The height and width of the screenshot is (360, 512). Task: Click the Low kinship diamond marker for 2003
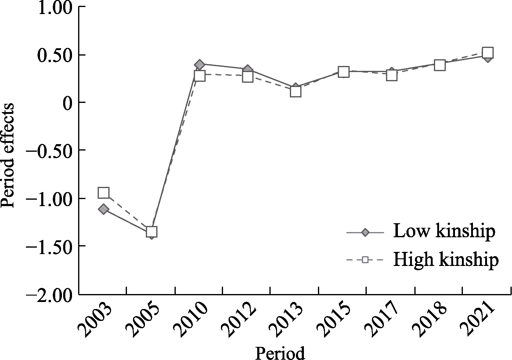point(103,209)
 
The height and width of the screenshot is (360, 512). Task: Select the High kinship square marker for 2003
point(103,193)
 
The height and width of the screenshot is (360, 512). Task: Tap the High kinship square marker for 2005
point(152,232)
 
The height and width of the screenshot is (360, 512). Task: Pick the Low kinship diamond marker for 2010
point(200,65)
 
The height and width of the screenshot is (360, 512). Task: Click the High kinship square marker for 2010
point(200,76)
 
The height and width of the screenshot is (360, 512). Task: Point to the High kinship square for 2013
point(295,91)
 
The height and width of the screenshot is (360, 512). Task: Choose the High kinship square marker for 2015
point(344,72)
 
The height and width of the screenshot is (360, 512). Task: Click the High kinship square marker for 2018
point(439,65)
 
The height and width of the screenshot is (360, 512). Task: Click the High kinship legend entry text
point(446,260)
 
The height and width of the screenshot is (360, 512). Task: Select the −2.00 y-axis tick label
point(50,295)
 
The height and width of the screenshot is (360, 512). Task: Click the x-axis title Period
point(280,354)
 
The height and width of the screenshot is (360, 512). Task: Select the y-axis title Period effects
point(8,155)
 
